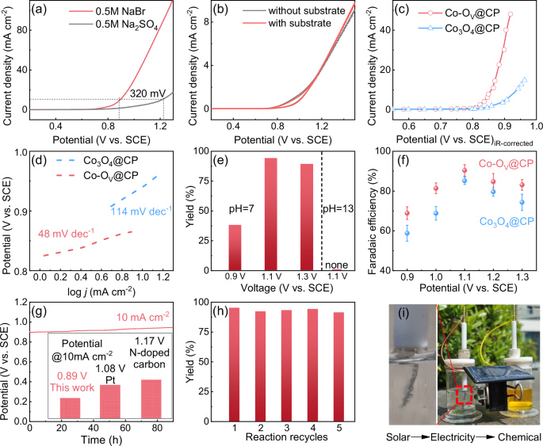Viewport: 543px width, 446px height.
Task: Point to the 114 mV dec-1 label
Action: (x=140, y=210)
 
